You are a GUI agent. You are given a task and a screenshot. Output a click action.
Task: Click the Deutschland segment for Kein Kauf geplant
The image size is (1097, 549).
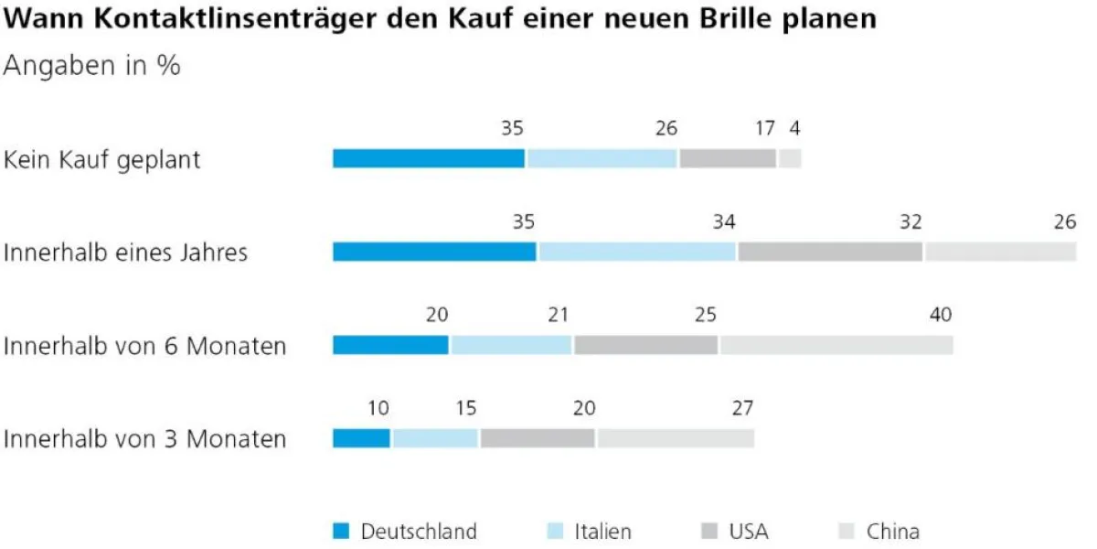click(429, 158)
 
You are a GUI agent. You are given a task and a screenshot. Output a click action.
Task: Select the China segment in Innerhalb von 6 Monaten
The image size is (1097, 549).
click(836, 345)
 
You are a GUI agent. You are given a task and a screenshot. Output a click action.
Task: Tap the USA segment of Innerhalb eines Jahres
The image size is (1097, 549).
click(830, 252)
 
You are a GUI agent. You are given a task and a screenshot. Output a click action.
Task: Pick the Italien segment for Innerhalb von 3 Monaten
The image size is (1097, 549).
click(435, 438)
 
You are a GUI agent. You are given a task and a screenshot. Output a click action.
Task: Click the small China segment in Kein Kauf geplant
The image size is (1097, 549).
click(791, 158)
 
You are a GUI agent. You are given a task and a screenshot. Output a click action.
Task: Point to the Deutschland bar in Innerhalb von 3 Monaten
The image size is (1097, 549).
click(361, 438)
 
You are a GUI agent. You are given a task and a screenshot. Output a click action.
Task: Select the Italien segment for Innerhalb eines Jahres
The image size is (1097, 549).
click(637, 252)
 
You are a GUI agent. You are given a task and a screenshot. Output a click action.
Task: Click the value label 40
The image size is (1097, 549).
click(941, 316)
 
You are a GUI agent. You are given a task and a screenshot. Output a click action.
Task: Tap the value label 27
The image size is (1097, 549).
click(742, 409)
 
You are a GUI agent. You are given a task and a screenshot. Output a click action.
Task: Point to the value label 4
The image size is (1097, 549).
click(794, 129)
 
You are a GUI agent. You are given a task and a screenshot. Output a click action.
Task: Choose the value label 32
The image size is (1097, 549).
click(911, 222)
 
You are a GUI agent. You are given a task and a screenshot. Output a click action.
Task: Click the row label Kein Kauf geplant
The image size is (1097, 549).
click(102, 160)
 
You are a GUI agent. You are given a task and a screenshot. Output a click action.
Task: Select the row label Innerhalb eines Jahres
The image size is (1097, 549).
click(126, 253)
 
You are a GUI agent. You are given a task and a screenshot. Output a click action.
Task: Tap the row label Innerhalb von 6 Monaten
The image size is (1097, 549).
click(144, 346)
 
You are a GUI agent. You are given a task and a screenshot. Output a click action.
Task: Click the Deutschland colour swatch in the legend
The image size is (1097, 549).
click(341, 531)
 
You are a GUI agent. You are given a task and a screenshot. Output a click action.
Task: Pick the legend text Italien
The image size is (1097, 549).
click(602, 531)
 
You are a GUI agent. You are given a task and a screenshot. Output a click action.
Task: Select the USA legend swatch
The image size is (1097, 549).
click(708, 531)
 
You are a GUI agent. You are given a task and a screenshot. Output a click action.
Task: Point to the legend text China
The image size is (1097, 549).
click(893, 531)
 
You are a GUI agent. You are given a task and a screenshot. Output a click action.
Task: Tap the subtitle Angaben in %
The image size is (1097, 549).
click(92, 66)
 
